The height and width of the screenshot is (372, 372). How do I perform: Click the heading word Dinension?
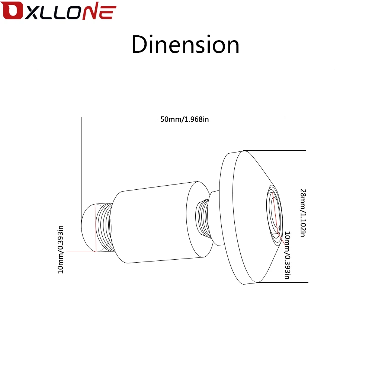[185, 44]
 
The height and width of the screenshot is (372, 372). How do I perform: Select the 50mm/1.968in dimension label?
[185, 119]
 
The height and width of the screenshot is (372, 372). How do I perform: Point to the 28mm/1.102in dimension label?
[303, 213]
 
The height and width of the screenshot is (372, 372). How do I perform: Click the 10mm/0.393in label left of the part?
[61, 250]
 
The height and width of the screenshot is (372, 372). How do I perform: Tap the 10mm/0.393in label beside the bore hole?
[288, 255]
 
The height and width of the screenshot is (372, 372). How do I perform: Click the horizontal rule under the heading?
[186, 69]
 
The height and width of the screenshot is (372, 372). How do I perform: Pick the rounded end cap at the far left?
[89, 227]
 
